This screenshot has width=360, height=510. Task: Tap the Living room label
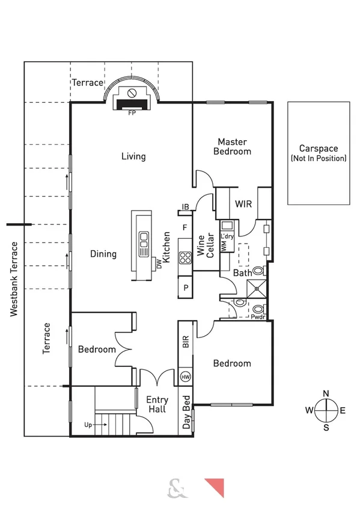tap(133, 156)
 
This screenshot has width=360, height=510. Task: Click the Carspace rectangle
tap(319, 153)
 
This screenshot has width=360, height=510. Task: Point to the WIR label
tap(243, 203)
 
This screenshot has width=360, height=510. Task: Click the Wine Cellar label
tap(206, 245)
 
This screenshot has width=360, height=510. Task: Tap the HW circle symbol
tap(186, 377)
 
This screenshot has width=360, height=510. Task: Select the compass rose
tap(326, 411)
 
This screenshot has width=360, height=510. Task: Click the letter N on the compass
tap(326, 394)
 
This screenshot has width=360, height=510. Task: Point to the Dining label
tap(103, 254)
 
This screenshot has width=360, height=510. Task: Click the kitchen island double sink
tap(144, 245)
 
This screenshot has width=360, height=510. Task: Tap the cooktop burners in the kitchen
tap(185, 245)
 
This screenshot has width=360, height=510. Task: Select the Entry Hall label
tap(157, 404)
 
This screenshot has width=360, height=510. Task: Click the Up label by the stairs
tap(88, 425)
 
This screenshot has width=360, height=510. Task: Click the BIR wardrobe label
tap(186, 343)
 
